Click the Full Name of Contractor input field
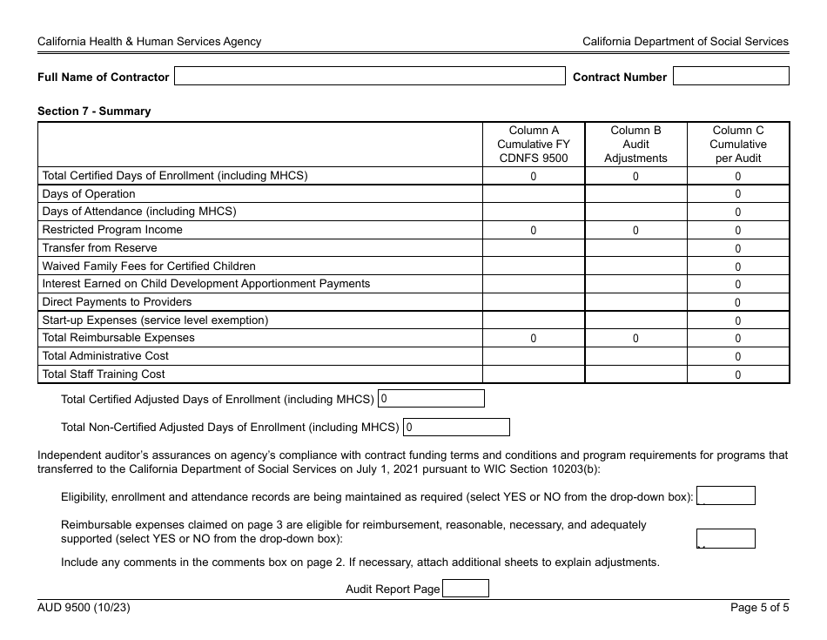click(x=370, y=77)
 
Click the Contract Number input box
click(x=730, y=77)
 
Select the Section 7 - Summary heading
click(x=94, y=111)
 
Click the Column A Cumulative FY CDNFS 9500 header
click(x=534, y=145)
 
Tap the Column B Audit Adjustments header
click(x=635, y=145)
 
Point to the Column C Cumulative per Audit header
click(x=738, y=145)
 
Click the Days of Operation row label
click(x=89, y=194)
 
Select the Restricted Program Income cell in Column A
click(x=534, y=231)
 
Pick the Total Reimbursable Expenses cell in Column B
click(x=635, y=339)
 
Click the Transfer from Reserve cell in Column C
click(x=738, y=249)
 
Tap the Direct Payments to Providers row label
click(x=117, y=302)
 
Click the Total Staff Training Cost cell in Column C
click(x=738, y=375)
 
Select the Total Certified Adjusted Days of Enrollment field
click(x=431, y=399)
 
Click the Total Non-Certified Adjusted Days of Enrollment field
click(x=456, y=428)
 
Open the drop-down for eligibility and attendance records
click(x=726, y=496)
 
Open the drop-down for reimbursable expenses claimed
click(x=726, y=539)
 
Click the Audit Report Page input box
click(x=466, y=589)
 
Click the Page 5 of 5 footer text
click(x=759, y=608)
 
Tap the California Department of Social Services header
click(x=685, y=41)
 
